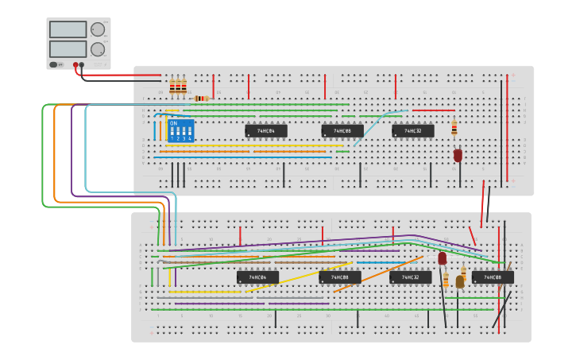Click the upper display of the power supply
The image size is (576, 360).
(68, 29)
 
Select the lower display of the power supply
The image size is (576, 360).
(68, 48)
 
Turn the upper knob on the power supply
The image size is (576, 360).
(97, 30)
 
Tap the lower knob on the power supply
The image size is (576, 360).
(97, 49)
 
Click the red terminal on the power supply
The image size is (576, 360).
(75, 65)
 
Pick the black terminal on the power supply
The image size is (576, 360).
(82, 65)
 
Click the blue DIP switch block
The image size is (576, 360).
(180, 130)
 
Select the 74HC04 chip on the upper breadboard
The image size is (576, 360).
(265, 131)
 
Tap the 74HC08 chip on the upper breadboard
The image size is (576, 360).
(342, 131)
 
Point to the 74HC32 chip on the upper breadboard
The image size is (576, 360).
(412, 131)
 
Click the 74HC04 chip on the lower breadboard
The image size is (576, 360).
(257, 277)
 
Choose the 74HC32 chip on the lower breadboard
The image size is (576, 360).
(410, 277)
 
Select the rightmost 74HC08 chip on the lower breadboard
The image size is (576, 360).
(492, 277)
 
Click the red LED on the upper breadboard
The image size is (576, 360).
(458, 156)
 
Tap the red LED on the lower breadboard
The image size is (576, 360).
(443, 258)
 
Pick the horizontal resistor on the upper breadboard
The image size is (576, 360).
(202, 99)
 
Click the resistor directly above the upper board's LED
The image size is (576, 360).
(454, 128)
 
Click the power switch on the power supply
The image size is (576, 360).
(54, 65)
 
